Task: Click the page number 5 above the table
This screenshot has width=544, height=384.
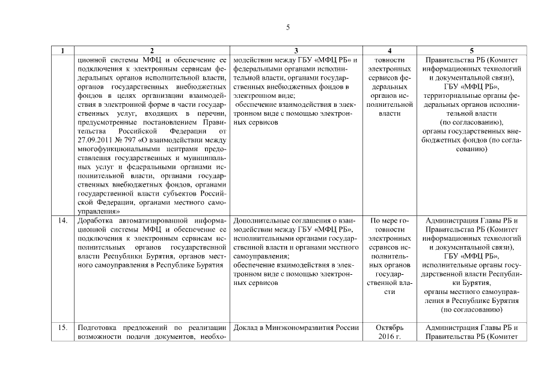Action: click(x=288, y=28)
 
